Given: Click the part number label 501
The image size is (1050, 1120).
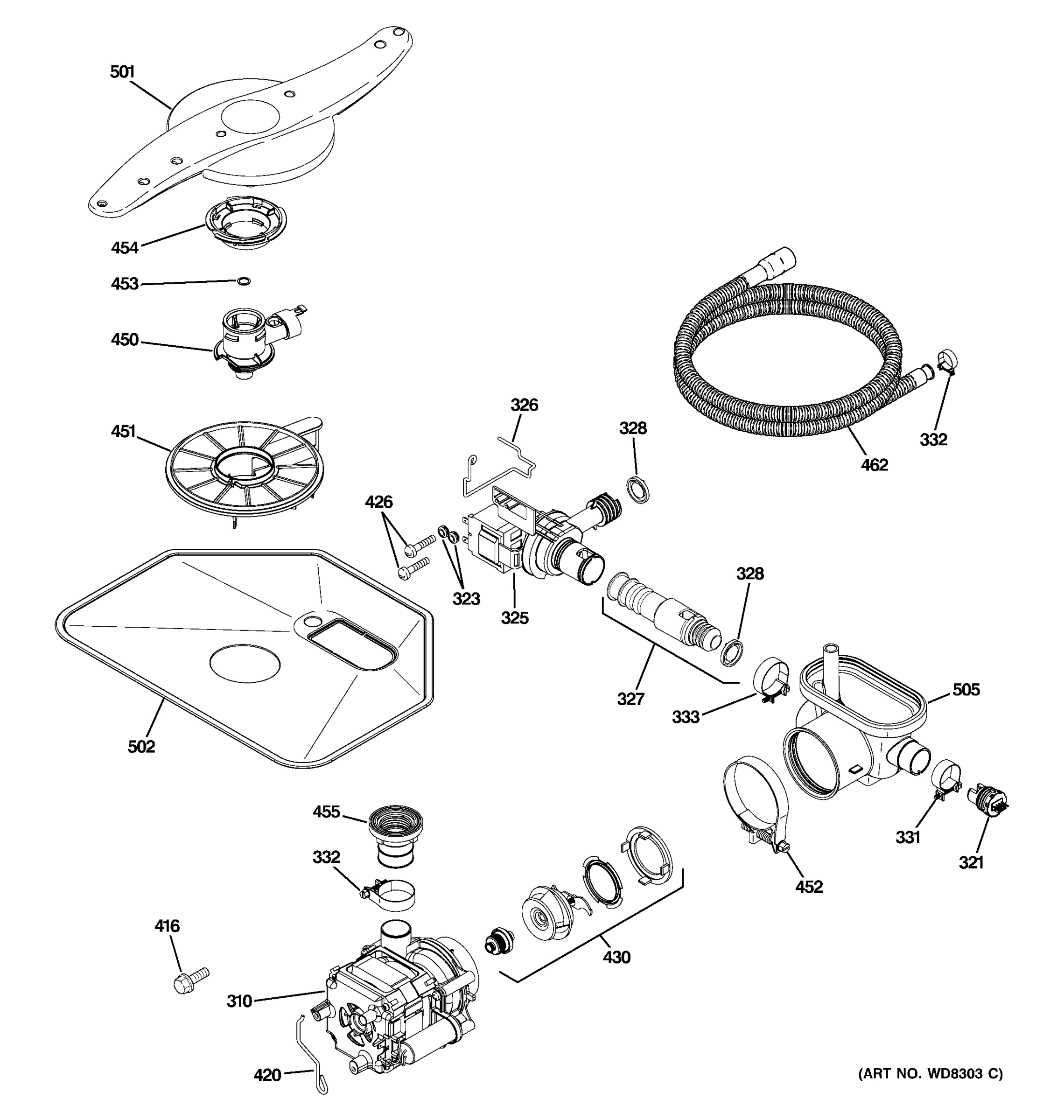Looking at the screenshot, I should point(122,72).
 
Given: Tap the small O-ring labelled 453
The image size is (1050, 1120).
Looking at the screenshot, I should point(243,280).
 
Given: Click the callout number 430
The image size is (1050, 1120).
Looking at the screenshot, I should point(616,957).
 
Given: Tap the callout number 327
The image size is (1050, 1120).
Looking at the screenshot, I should point(630,699).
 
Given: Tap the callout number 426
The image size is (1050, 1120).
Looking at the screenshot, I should point(378,501).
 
